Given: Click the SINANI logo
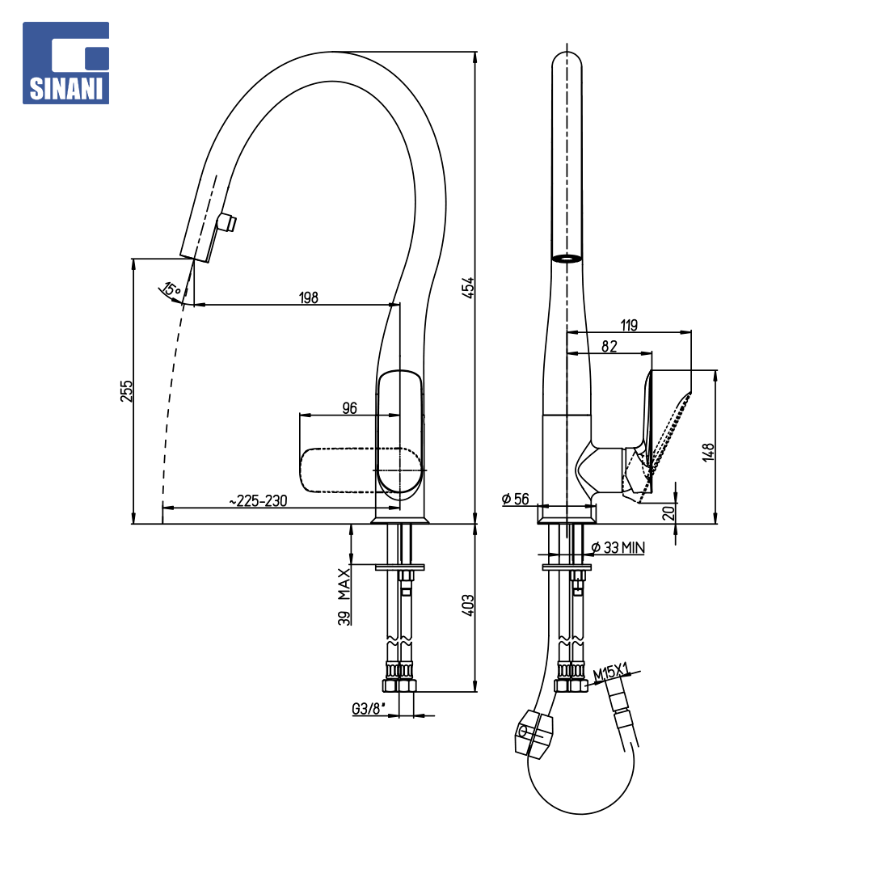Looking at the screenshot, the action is coord(65,63).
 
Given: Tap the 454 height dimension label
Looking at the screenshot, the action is coord(468,287).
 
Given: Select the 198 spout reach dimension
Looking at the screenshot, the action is coord(309,297).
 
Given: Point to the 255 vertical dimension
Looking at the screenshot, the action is coord(127,391).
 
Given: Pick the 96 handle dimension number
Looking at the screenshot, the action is coord(349,408).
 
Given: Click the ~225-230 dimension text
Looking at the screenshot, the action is coord(259,500).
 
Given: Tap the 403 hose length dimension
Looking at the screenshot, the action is coord(468,605).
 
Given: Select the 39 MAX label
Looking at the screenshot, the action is coord(344,597).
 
